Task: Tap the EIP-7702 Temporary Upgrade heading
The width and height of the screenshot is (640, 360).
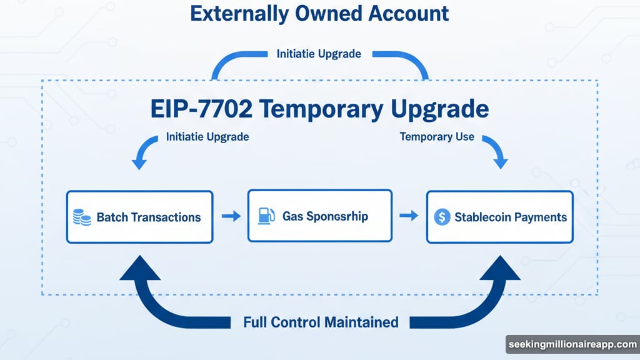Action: (x=319, y=109)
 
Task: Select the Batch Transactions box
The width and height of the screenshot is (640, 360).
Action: (x=139, y=217)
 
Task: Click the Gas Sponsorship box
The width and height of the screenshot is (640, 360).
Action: (x=319, y=216)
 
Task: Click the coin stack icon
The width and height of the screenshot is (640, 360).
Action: (x=81, y=217)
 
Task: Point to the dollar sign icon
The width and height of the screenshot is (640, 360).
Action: (x=442, y=217)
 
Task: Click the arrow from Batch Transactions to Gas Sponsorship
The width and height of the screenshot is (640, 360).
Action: (x=231, y=216)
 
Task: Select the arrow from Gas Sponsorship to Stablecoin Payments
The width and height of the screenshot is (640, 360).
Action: (x=409, y=216)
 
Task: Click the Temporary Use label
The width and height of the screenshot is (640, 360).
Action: (x=437, y=136)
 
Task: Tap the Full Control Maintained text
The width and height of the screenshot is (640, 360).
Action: (x=321, y=322)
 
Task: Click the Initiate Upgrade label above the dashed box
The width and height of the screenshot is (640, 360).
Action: (x=319, y=54)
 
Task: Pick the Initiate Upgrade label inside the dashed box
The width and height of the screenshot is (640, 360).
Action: (x=207, y=136)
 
